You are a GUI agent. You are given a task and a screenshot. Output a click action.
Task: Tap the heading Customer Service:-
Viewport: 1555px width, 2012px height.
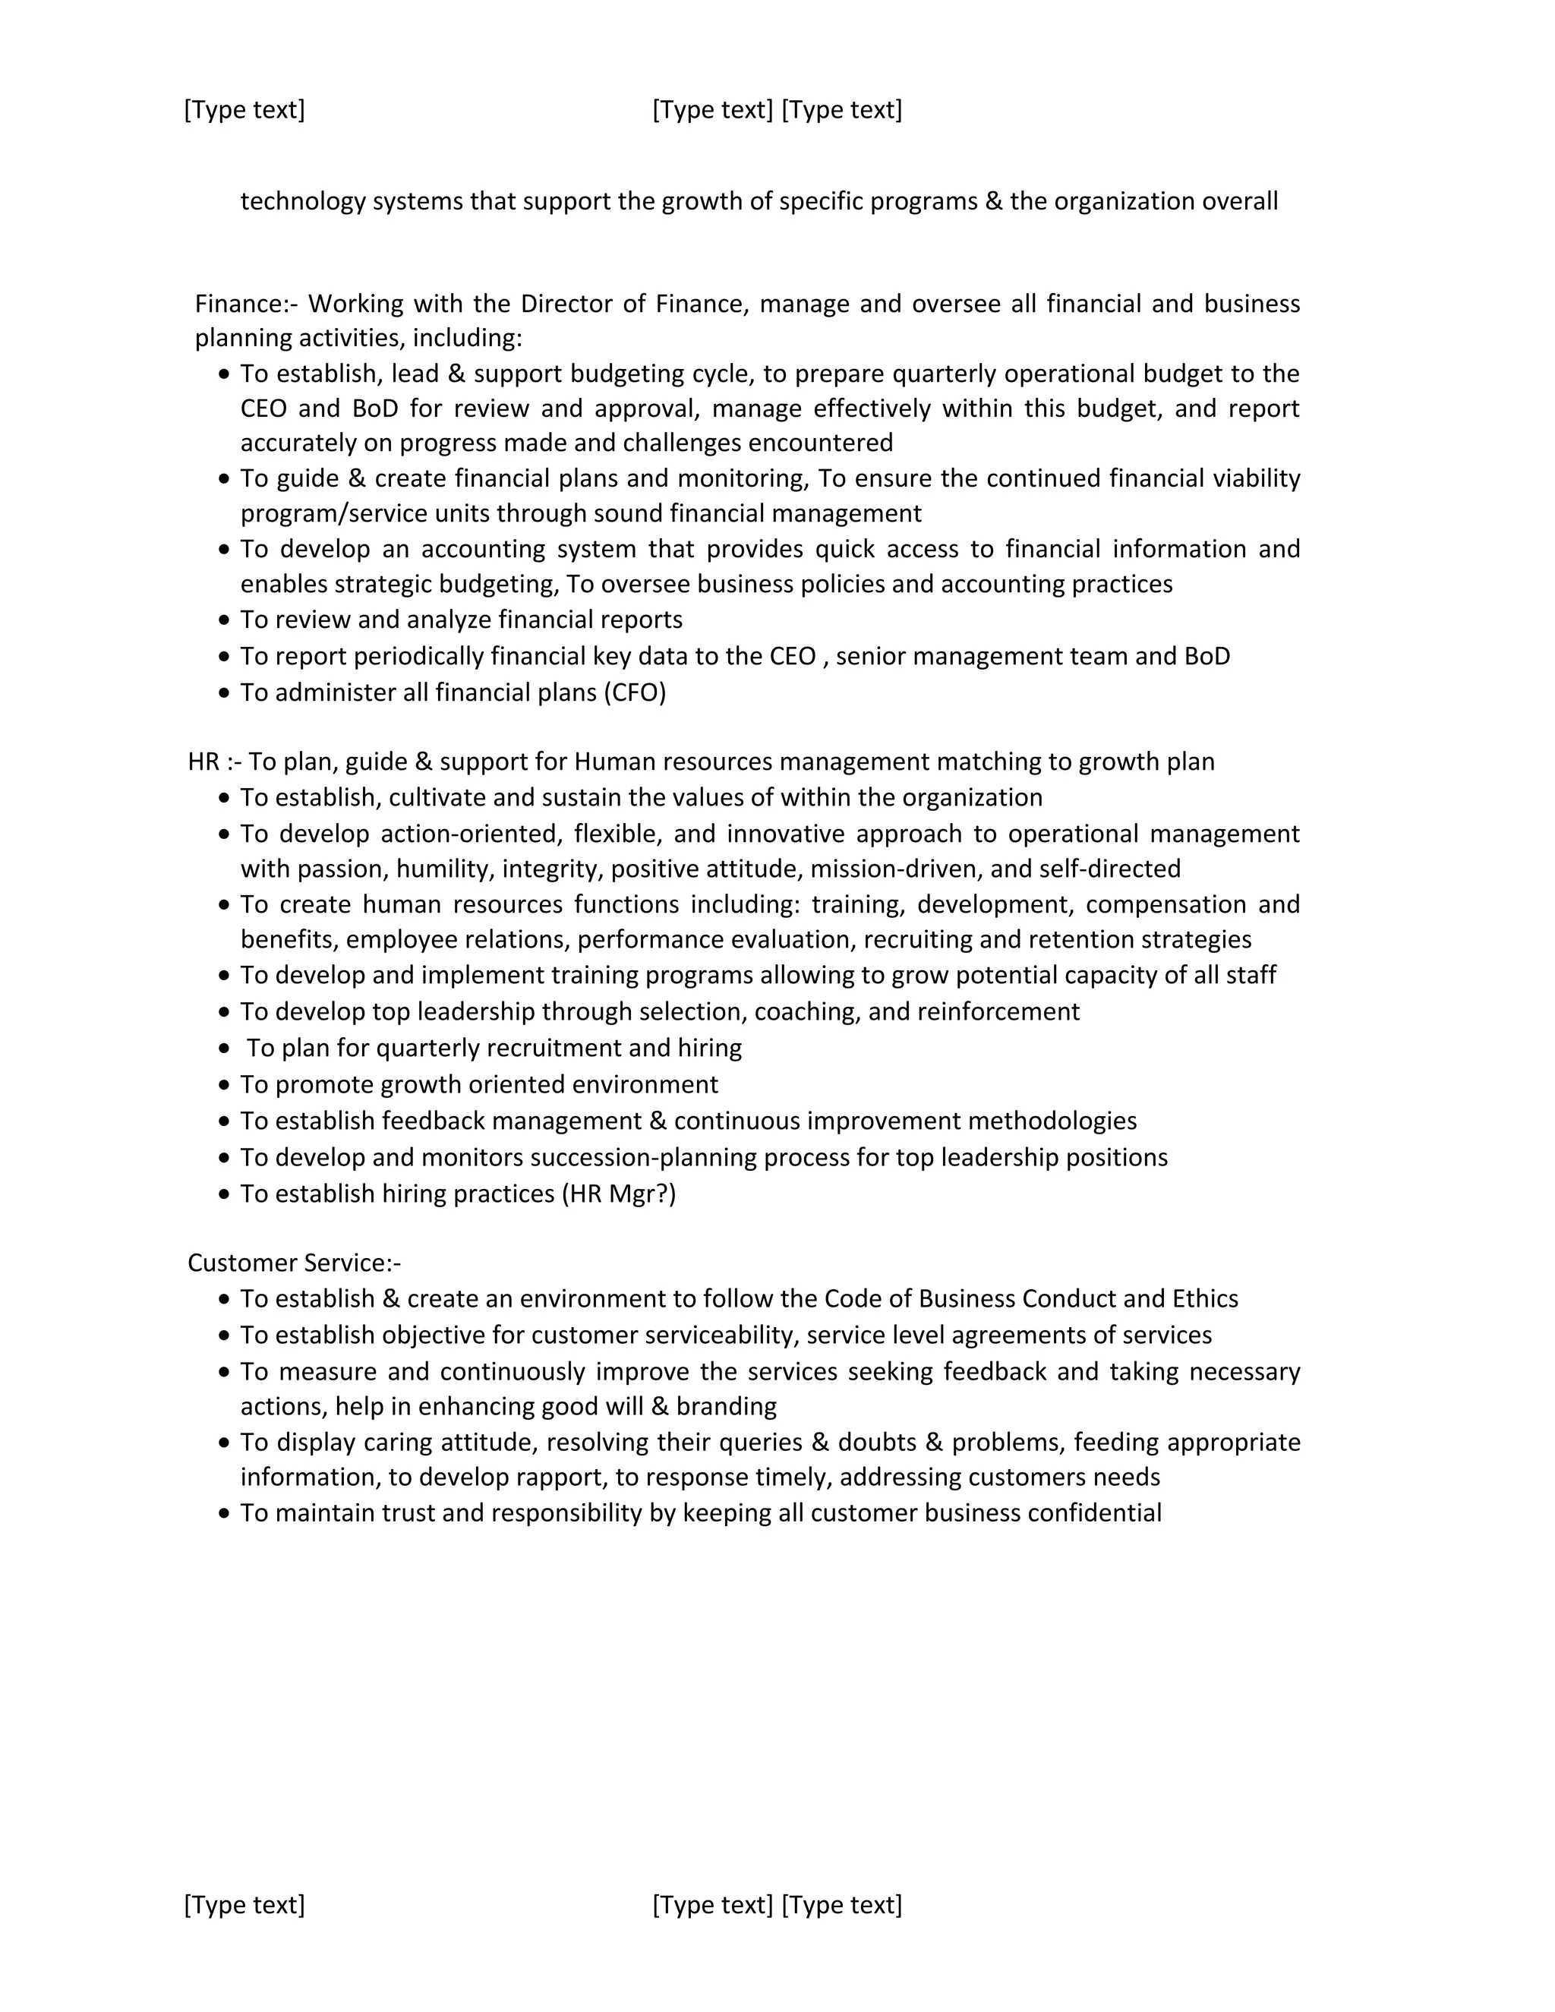294,1262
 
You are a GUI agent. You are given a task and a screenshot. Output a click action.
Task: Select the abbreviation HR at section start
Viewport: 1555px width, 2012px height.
203,761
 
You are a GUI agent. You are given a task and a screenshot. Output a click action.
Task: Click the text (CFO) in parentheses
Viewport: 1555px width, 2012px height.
635,692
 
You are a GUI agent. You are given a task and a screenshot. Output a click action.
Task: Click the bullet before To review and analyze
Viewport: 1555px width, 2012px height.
224,620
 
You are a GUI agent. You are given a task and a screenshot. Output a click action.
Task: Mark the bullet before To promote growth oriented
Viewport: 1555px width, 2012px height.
224,1084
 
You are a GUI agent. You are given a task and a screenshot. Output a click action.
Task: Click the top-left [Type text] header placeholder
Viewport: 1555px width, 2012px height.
244,109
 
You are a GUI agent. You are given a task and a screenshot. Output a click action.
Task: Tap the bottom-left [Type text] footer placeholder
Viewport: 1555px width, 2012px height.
244,1904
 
